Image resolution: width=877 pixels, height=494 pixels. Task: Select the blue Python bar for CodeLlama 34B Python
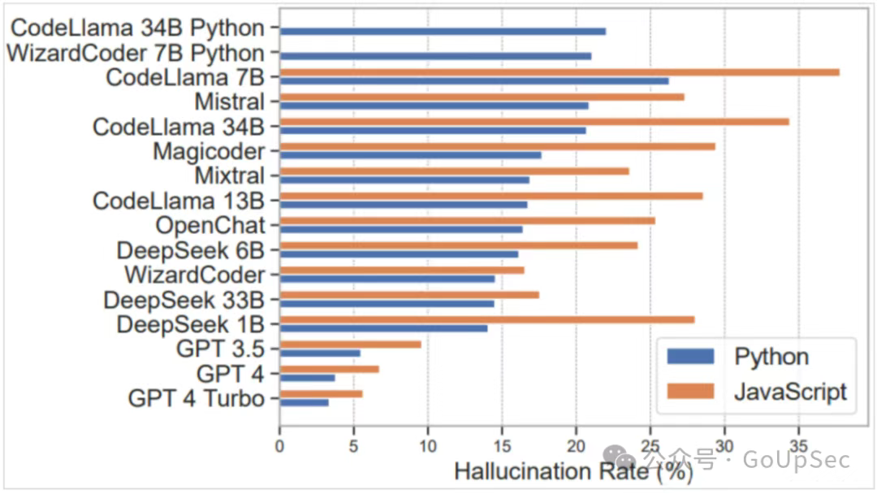pyautogui.click(x=443, y=31)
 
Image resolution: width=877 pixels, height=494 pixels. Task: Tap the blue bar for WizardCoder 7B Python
pyautogui.click(x=435, y=56)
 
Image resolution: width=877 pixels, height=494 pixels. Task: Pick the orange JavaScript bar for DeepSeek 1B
pyautogui.click(x=486, y=319)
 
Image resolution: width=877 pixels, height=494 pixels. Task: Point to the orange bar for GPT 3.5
pyautogui.click(x=350, y=344)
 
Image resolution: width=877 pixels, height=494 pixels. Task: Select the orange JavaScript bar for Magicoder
pyautogui.click(x=497, y=146)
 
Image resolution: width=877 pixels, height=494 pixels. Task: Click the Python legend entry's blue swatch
pyautogui.click(x=690, y=357)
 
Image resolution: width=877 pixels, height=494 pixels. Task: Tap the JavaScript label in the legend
pyautogui.click(x=789, y=392)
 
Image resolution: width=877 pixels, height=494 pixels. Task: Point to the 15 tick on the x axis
pyautogui.click(x=502, y=444)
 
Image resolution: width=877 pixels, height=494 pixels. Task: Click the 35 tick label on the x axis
pyautogui.click(x=799, y=444)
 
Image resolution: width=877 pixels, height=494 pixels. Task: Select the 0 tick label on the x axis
pyautogui.click(x=279, y=444)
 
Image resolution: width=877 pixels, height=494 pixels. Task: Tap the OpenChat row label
pyautogui.click(x=210, y=225)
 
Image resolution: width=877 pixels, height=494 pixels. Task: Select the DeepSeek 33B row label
pyautogui.click(x=184, y=300)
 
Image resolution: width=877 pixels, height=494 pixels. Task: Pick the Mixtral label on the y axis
pyautogui.click(x=229, y=175)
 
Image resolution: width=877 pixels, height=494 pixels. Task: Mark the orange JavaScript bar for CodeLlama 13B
pyautogui.click(x=490, y=196)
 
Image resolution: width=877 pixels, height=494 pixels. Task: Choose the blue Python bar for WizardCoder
pyautogui.click(x=387, y=279)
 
